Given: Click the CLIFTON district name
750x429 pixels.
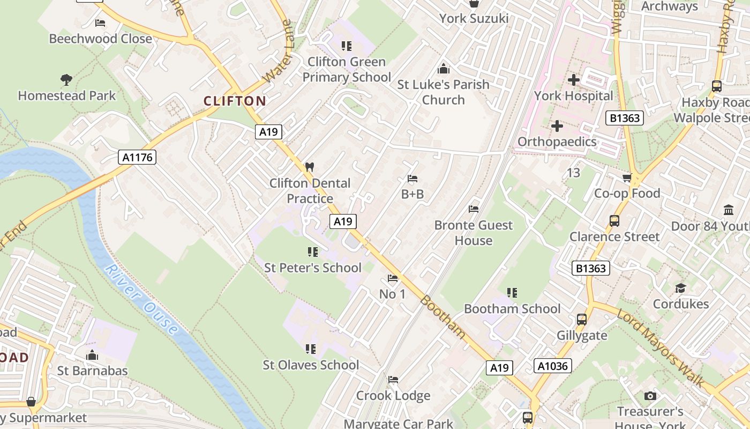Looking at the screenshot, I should pos(235,101).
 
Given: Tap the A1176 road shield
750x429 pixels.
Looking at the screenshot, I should pos(137,157).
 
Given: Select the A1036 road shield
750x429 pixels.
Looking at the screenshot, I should pos(553,366).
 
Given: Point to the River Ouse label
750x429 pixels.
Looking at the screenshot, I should pos(141,300).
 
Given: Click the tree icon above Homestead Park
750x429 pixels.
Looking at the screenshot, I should pos(66,80).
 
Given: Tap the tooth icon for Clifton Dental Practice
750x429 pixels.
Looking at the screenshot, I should pos(309,167).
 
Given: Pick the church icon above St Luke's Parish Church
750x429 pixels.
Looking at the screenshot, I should pos(443,69).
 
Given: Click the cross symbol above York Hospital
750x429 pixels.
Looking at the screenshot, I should pos(573,80).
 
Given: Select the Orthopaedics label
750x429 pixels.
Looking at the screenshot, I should pos(557,142).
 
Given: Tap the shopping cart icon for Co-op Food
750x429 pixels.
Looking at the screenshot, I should pos(627,177).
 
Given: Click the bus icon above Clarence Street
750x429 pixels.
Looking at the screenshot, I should pos(614,220).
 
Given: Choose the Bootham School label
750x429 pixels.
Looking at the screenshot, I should pos(512,308).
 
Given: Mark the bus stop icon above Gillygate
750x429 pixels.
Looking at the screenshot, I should pos(581,320).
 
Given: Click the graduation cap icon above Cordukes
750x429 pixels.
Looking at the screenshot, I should pos(680,288).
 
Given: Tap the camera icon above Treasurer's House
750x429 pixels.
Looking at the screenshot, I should pos(650,396).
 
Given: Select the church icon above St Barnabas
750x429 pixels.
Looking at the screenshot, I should pos(92,355).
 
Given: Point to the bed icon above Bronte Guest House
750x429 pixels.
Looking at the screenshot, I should pos(473,209).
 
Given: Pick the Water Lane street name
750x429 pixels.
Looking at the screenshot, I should pos(278,52).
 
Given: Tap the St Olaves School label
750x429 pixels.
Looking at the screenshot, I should pos(311,365).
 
